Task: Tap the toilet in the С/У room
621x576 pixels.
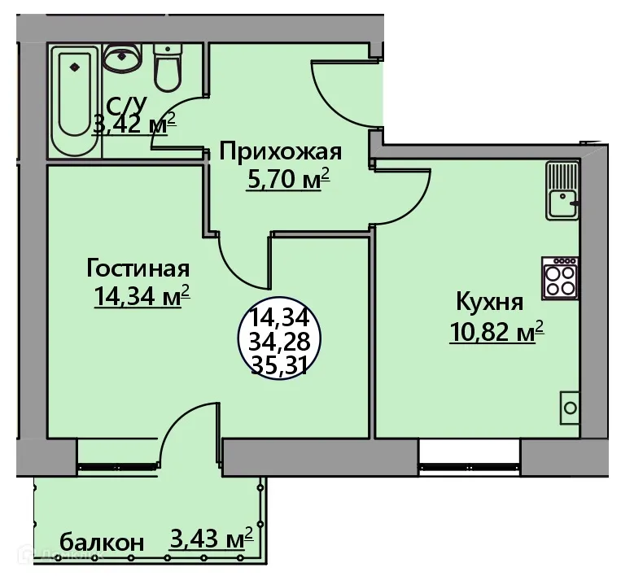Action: (x=168, y=68)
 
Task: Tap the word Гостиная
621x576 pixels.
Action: (x=138, y=269)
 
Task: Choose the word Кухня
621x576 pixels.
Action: (x=488, y=303)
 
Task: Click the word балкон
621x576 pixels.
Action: (x=103, y=542)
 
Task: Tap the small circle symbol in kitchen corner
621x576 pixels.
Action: (x=570, y=408)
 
